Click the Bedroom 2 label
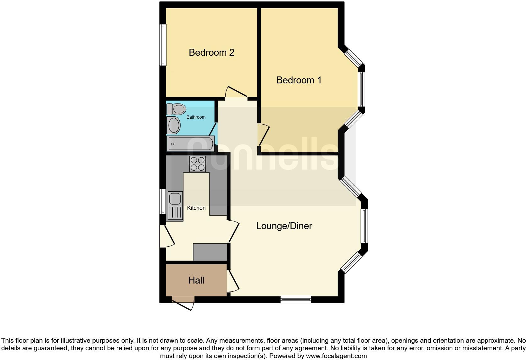point(211,52)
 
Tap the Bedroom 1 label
point(299,80)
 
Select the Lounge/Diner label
point(284,226)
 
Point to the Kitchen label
point(196,208)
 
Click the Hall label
point(196,280)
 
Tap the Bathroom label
point(196,117)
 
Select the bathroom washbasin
point(173,125)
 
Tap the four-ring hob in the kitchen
point(198,164)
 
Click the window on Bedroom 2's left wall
point(163,45)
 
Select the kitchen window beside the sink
point(162,201)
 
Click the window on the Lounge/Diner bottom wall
point(296,299)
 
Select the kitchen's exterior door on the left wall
point(167,236)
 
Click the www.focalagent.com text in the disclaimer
point(336,356)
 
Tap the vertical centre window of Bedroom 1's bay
point(361,90)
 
